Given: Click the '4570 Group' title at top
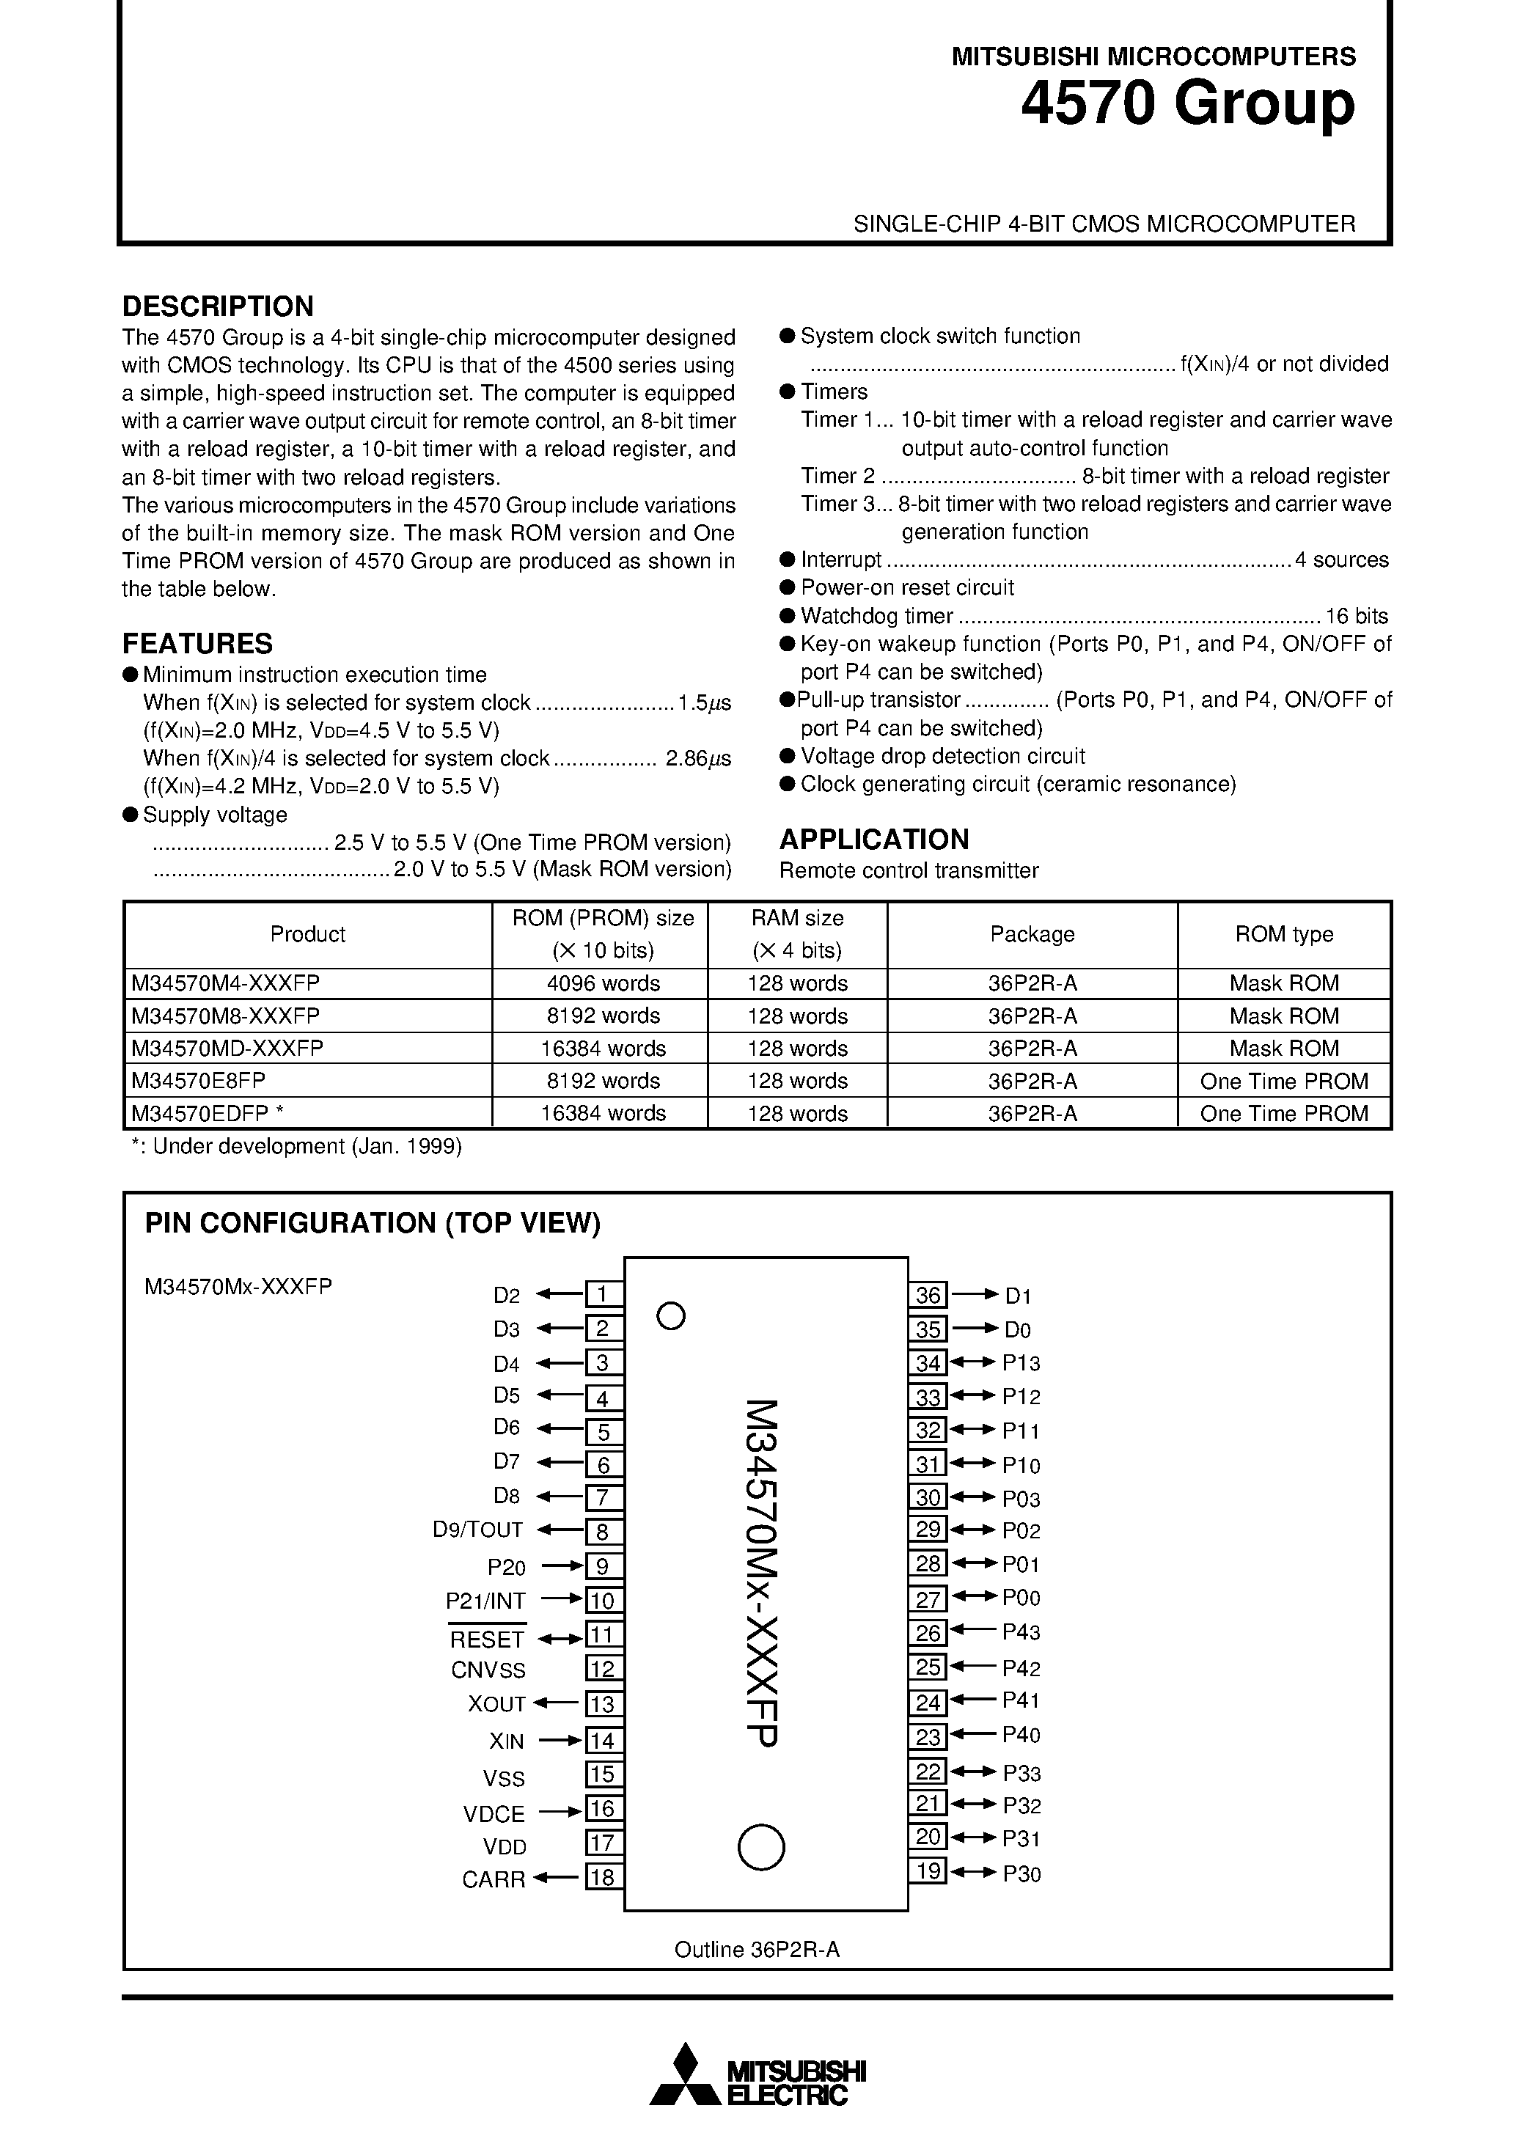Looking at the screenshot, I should (1187, 105).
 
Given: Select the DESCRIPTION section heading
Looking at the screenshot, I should (218, 306).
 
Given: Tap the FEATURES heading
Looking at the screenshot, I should (197, 643).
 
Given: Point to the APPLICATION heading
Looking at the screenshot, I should (873, 839).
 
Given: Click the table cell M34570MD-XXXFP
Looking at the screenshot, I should (227, 1048).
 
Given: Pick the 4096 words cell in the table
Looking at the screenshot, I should (603, 983).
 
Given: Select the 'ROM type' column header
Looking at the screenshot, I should (1283, 934).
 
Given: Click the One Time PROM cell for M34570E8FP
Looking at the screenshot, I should (1283, 1082).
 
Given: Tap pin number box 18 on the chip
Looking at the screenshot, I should (604, 1877).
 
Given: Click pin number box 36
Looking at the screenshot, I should (928, 1295).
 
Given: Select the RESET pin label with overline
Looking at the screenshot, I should (487, 1640).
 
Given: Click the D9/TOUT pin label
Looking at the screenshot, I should (477, 1530).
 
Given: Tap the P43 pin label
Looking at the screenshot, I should (1021, 1631).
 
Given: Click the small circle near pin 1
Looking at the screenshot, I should (671, 1317).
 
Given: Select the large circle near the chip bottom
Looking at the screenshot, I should (761, 1847).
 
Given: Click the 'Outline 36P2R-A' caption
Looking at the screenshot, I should (757, 1950).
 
